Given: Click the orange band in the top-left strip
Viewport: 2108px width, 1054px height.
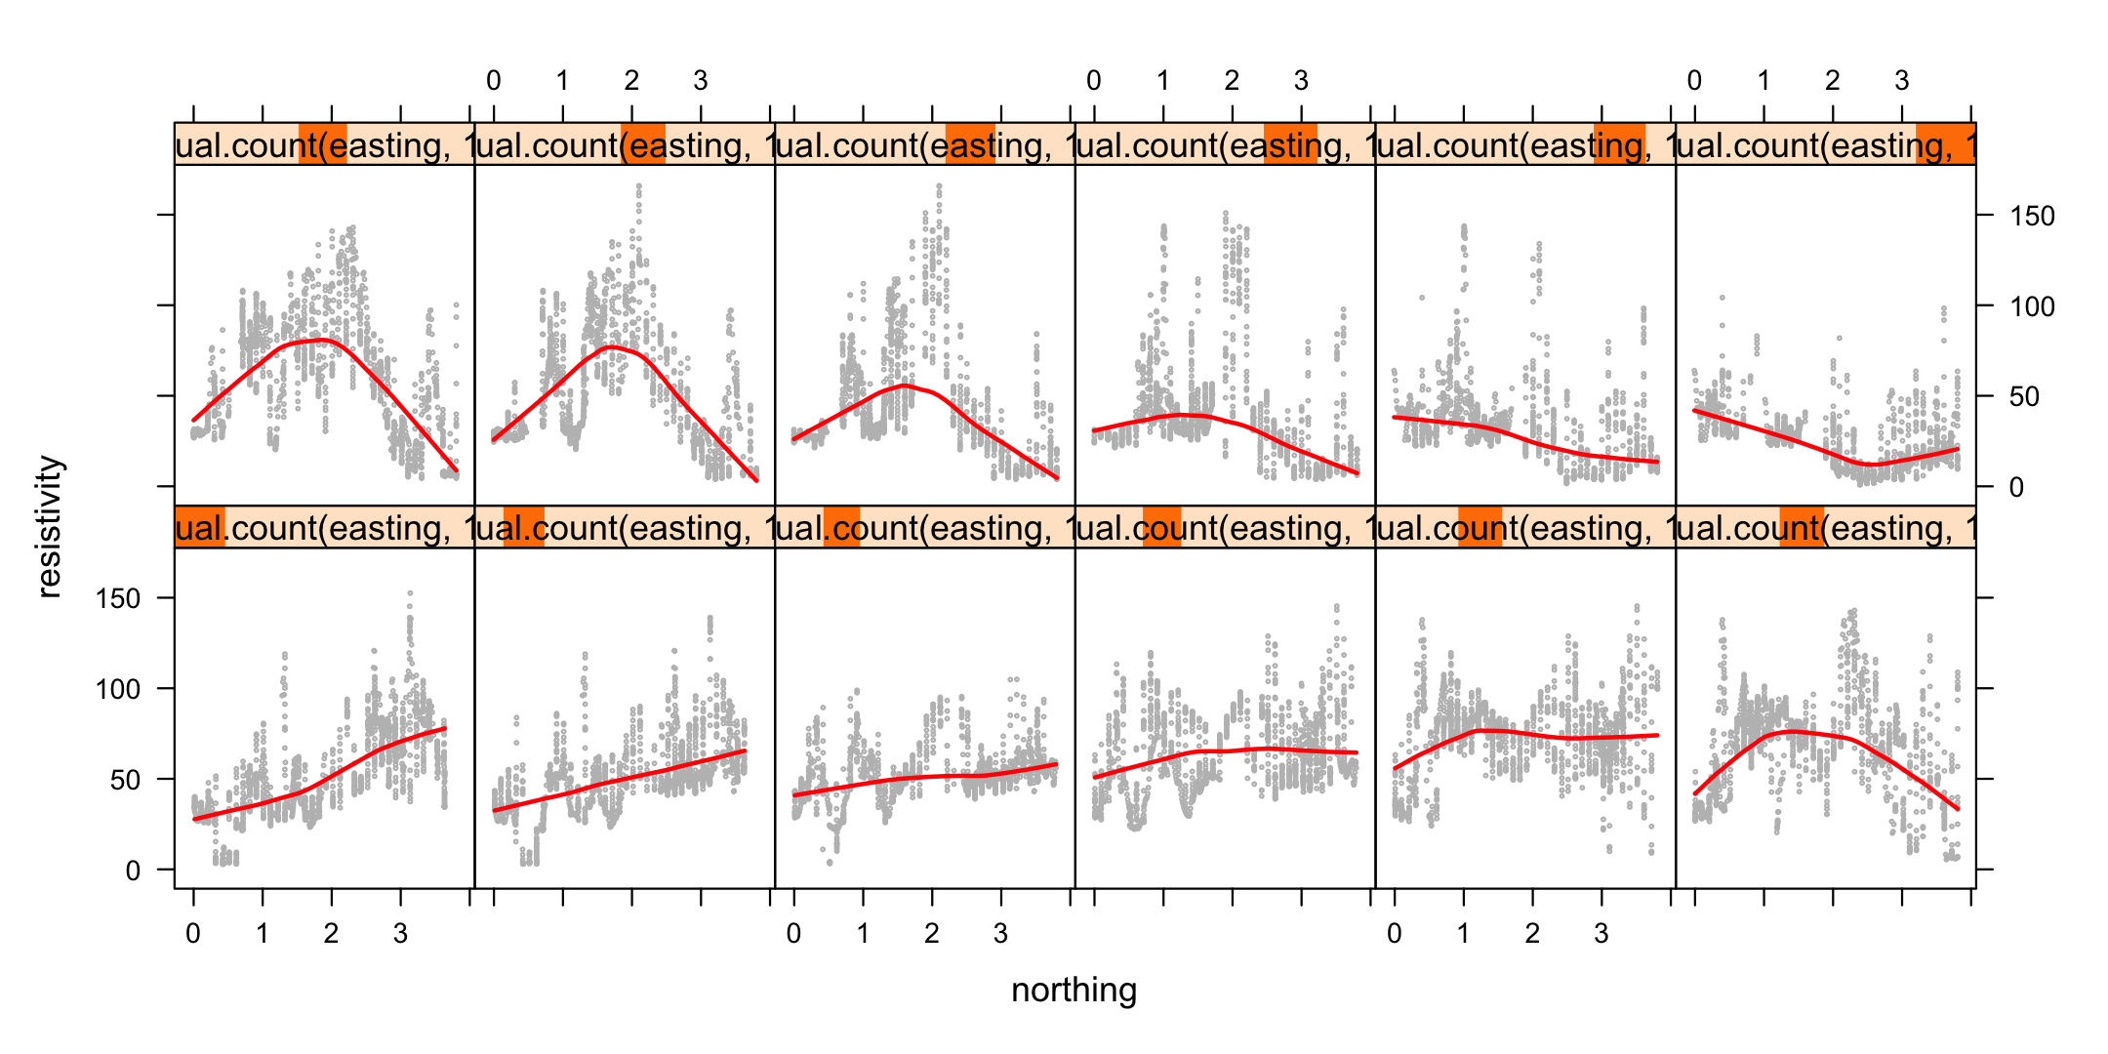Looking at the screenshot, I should pyautogui.click(x=322, y=144).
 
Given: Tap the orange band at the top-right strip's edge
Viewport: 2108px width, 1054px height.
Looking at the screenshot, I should pyautogui.click(x=1944, y=144).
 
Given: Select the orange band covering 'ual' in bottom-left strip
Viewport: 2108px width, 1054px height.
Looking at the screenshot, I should pyautogui.click(x=200, y=527).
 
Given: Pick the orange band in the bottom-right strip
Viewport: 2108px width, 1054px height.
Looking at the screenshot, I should pyautogui.click(x=1801, y=527).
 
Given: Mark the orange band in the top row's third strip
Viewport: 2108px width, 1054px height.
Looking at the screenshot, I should pyautogui.click(x=970, y=144).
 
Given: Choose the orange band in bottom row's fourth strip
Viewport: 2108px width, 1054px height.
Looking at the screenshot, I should pyautogui.click(x=1161, y=527).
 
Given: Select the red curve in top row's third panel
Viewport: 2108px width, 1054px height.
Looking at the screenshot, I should pyautogui.click(x=906, y=386).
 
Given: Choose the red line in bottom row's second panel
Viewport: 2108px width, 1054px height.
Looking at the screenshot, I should pyautogui.click(x=625, y=779).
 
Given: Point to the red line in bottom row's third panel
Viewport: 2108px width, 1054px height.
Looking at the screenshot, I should pyautogui.click(x=927, y=778).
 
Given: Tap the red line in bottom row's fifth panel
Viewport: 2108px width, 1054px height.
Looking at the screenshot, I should pyautogui.click(x=1522, y=734).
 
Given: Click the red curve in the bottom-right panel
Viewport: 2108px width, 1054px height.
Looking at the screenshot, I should pyautogui.click(x=1786, y=732).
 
